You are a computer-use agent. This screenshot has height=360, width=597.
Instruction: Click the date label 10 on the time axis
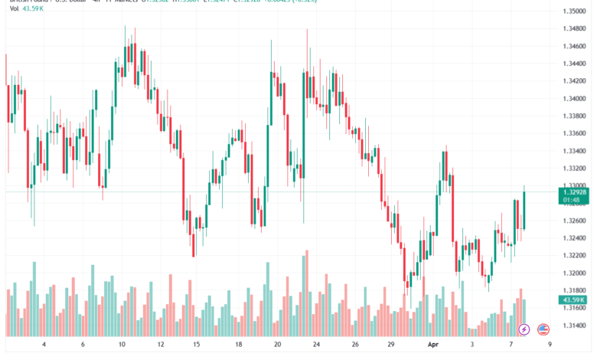(x=122, y=345)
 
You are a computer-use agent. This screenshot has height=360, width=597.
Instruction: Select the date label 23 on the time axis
(x=316, y=345)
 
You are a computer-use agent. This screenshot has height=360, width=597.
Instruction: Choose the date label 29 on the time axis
(x=391, y=345)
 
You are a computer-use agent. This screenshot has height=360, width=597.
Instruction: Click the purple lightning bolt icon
(x=524, y=329)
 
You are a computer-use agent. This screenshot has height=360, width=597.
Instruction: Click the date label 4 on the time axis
(x=44, y=345)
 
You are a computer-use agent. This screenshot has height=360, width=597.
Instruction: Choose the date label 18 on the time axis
(x=239, y=345)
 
